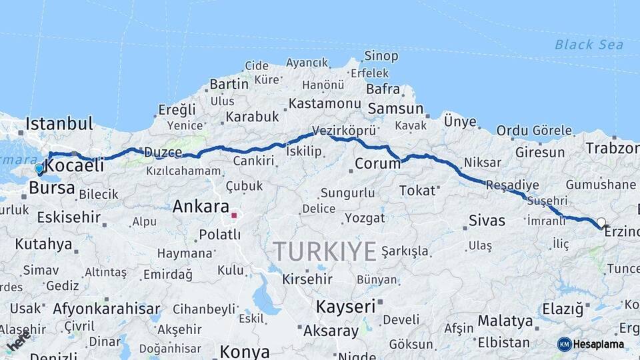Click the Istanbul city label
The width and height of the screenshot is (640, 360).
(x=59, y=123)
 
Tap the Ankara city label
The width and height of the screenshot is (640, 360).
(x=201, y=207)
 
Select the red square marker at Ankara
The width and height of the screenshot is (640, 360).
(x=234, y=215)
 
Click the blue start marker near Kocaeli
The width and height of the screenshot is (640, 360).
(x=39, y=169)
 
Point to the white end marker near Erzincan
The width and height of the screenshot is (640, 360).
(x=601, y=223)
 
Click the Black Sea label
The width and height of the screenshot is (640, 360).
(x=589, y=45)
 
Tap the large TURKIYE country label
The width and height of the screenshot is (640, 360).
(x=325, y=251)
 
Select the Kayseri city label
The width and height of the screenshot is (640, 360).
(x=345, y=307)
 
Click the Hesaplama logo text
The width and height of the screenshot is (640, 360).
(x=599, y=344)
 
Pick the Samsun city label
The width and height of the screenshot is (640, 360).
(x=395, y=108)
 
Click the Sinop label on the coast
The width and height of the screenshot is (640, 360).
(x=381, y=56)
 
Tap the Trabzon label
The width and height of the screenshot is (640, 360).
(x=612, y=147)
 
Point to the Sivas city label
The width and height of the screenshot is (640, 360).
(x=487, y=220)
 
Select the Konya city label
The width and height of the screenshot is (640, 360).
(x=245, y=351)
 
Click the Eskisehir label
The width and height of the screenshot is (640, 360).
(x=69, y=217)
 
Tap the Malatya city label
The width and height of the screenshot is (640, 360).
(x=505, y=321)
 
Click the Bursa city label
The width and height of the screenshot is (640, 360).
(x=51, y=188)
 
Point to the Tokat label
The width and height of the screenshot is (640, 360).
(x=417, y=191)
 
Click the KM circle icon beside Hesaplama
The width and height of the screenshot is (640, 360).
(x=564, y=344)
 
